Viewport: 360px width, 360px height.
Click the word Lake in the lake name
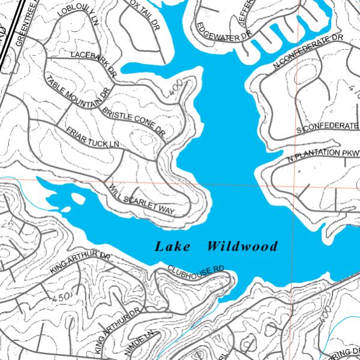coord(173,247)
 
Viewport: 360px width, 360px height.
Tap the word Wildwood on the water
coord(242,247)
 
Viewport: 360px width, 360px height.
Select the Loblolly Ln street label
coord(78,16)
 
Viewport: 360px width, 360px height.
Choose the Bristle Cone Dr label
coord(133,120)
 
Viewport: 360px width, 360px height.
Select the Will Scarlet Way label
coord(142,201)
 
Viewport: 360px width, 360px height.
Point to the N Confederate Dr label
coord(307,52)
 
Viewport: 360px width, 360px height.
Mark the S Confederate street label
coord(328,127)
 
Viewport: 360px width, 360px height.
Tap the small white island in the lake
coord(77,197)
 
